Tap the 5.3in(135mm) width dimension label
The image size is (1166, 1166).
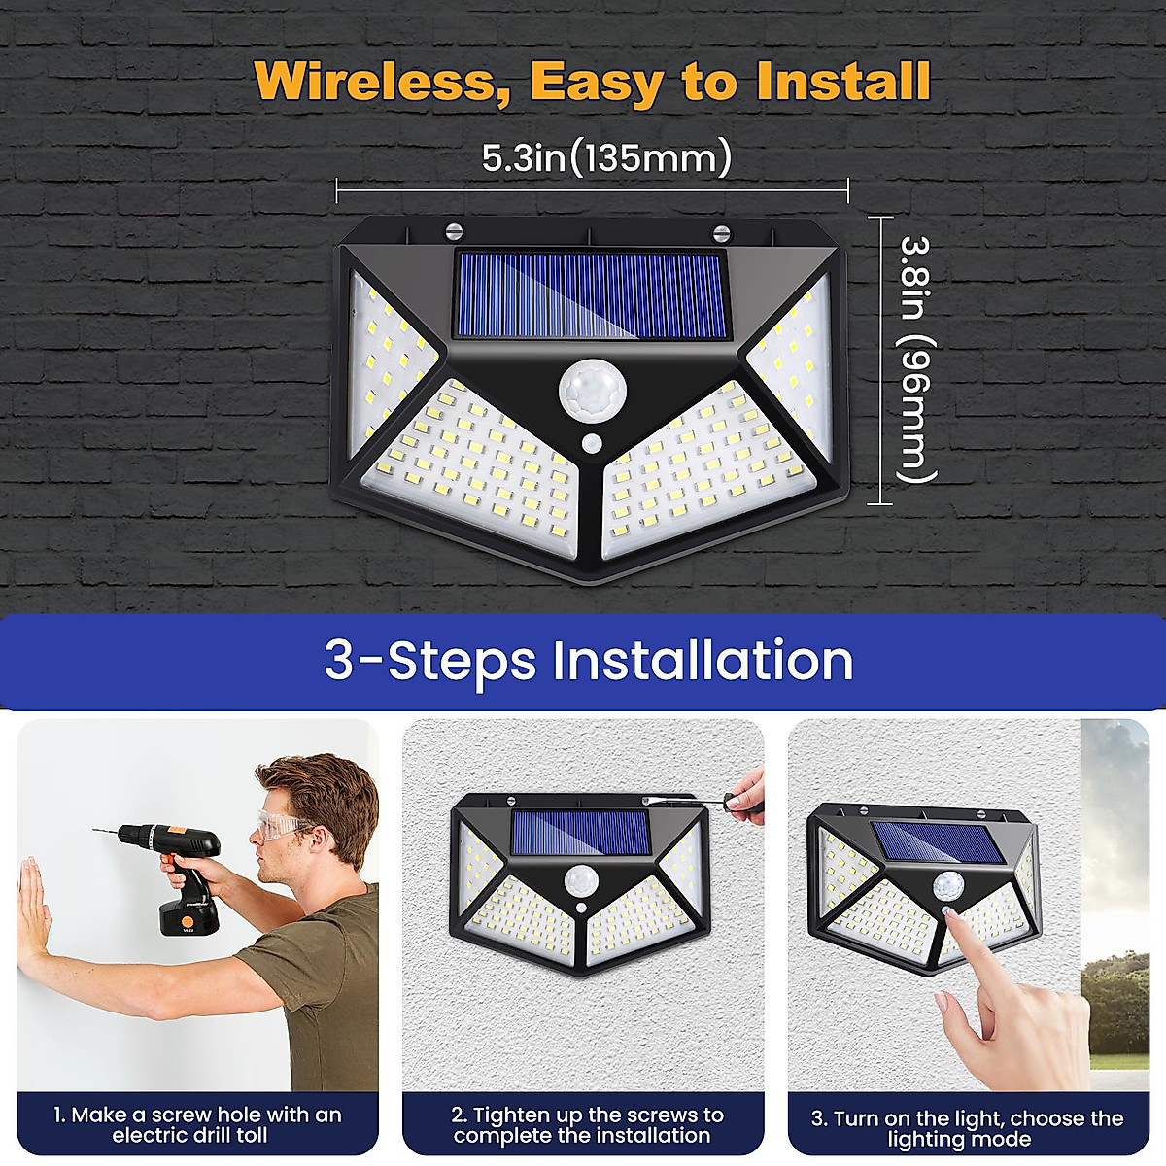(606, 157)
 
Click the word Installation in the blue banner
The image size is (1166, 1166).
(703, 661)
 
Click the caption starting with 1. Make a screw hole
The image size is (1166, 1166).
(197, 1125)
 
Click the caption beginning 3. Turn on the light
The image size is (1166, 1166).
(967, 1128)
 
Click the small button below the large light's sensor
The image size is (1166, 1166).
(592, 444)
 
